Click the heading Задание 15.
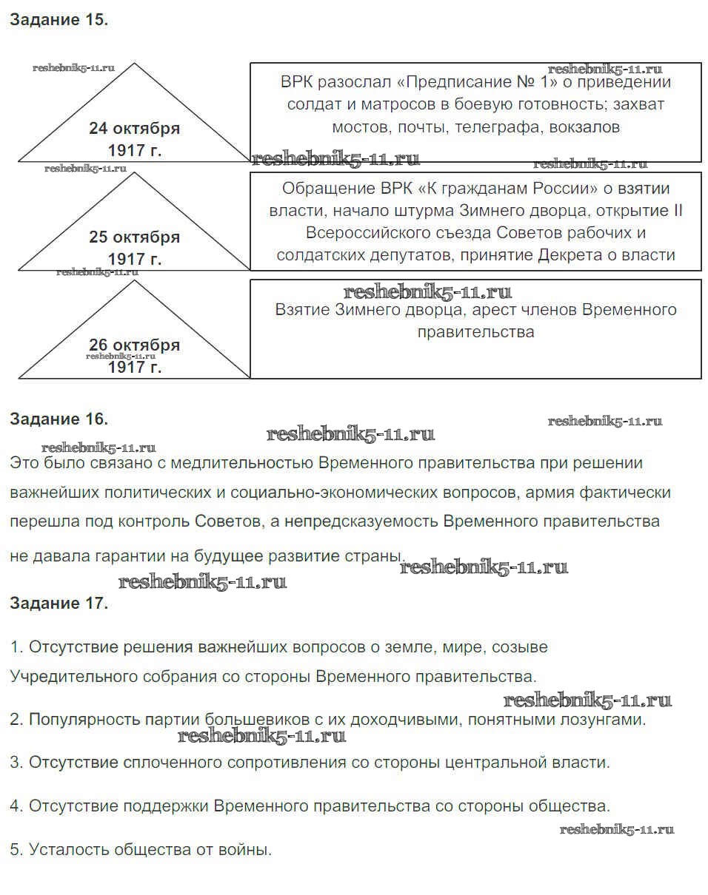point(59,20)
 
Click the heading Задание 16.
point(59,419)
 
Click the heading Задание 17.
point(59,603)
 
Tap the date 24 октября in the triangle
point(134,128)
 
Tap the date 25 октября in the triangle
point(134,237)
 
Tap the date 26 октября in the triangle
point(134,345)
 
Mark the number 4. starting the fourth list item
point(16,806)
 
